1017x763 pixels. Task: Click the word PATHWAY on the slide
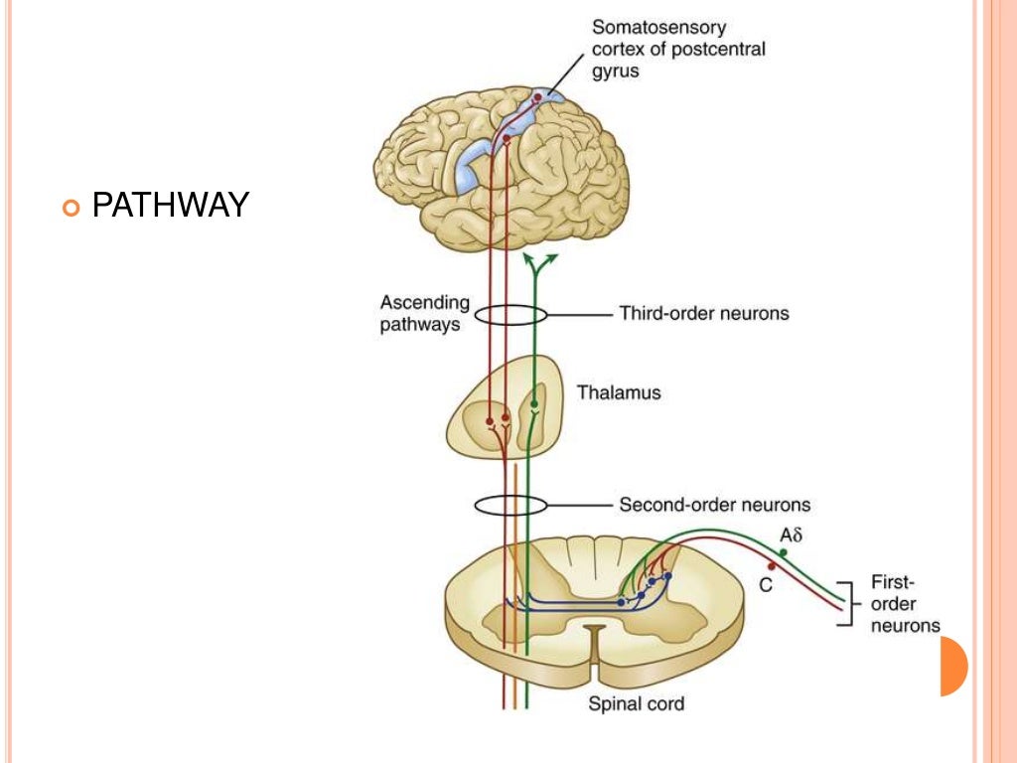pyautogui.click(x=170, y=206)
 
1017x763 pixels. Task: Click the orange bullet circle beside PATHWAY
pyautogui.click(x=69, y=208)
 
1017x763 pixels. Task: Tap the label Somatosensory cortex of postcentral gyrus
pyautogui.click(x=678, y=49)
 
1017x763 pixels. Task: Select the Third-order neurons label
pyautogui.click(x=703, y=314)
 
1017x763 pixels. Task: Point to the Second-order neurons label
pyautogui.click(x=714, y=505)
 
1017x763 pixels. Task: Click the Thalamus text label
pyautogui.click(x=619, y=392)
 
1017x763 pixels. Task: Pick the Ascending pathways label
pyautogui.click(x=424, y=313)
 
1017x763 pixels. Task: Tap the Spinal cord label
pyautogui.click(x=636, y=704)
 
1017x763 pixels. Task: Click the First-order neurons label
pyautogui.click(x=904, y=604)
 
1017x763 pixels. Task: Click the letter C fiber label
pyautogui.click(x=766, y=585)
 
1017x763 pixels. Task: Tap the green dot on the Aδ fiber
pyautogui.click(x=784, y=552)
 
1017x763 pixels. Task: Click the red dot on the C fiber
pyautogui.click(x=771, y=566)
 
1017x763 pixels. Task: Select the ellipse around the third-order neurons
pyautogui.click(x=510, y=315)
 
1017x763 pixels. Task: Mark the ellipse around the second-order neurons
pyautogui.click(x=510, y=505)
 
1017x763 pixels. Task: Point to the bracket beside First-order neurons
pyautogui.click(x=846, y=603)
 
